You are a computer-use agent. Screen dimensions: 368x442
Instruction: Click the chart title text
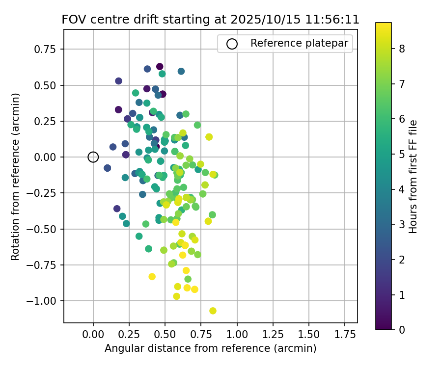[x=210, y=20]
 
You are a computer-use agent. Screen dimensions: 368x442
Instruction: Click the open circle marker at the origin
[x=93, y=157]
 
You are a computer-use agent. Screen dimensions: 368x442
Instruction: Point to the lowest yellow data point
[x=213, y=311]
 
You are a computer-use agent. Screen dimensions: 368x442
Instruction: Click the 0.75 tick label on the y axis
[x=48, y=49]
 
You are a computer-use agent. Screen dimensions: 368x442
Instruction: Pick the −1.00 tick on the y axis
[x=46, y=301]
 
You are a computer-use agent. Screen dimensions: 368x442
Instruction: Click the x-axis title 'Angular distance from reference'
[x=210, y=348]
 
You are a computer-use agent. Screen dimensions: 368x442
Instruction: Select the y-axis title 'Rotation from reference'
[x=16, y=177]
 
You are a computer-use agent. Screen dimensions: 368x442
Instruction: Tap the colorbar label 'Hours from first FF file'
[x=413, y=177]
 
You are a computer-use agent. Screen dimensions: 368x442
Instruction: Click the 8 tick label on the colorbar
[x=402, y=49]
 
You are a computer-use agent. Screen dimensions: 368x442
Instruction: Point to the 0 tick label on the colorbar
[x=402, y=330]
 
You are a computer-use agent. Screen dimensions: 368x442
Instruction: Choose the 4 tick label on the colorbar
[x=402, y=189]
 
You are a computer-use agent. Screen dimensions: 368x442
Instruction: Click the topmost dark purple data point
[x=160, y=67]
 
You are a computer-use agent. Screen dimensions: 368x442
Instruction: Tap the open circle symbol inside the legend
[x=232, y=44]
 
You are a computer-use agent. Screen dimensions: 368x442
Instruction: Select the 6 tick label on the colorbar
[x=402, y=119]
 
